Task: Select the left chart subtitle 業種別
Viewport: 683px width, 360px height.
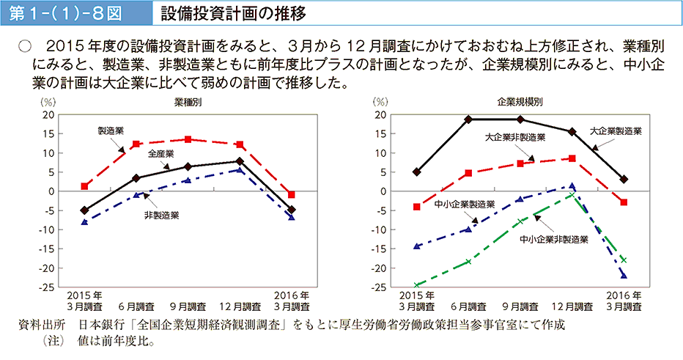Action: coord(188,102)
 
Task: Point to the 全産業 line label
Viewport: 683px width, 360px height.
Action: coord(160,154)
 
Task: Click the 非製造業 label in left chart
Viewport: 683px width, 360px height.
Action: coord(161,216)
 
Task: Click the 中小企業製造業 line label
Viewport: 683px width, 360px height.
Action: coord(464,204)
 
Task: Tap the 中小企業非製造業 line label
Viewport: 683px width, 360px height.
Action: coord(554,239)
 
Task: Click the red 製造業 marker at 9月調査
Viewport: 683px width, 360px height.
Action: coord(188,139)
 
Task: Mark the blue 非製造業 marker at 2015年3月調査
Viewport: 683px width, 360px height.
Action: coord(84,221)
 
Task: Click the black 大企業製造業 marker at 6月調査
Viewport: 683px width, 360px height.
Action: coord(468,119)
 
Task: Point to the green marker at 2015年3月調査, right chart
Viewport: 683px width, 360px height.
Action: coord(416,285)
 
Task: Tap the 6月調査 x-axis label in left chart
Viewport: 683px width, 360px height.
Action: coord(136,306)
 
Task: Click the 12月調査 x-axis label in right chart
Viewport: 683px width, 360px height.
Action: coord(572,306)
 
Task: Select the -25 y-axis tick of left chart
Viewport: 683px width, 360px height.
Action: coord(48,287)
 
